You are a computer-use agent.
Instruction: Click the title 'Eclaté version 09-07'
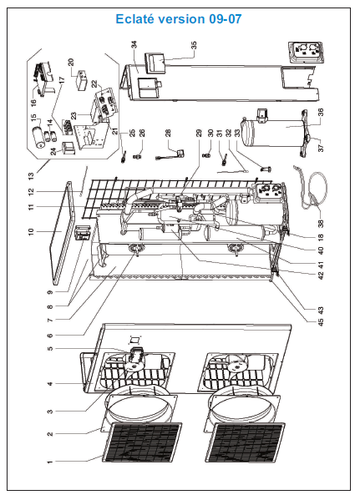[x=179, y=19]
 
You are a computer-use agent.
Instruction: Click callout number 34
[x=134, y=45]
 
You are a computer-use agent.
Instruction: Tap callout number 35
[x=194, y=45]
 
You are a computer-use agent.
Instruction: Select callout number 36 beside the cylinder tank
[x=321, y=112]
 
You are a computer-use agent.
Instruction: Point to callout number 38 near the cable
[x=321, y=224]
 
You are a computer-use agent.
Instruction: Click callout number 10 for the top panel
[x=31, y=232]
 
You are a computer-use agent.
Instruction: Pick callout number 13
[x=31, y=176]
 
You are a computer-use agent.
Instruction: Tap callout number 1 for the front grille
[x=49, y=462]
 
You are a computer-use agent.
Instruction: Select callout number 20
[x=71, y=62]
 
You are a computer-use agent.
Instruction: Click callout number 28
[x=168, y=133]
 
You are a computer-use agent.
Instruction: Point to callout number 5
[x=49, y=348]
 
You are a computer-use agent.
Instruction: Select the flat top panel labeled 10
[x=63, y=231]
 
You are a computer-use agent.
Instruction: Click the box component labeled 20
[x=81, y=81]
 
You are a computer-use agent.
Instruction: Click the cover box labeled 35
[x=155, y=63]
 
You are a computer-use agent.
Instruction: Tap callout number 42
[x=321, y=275]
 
